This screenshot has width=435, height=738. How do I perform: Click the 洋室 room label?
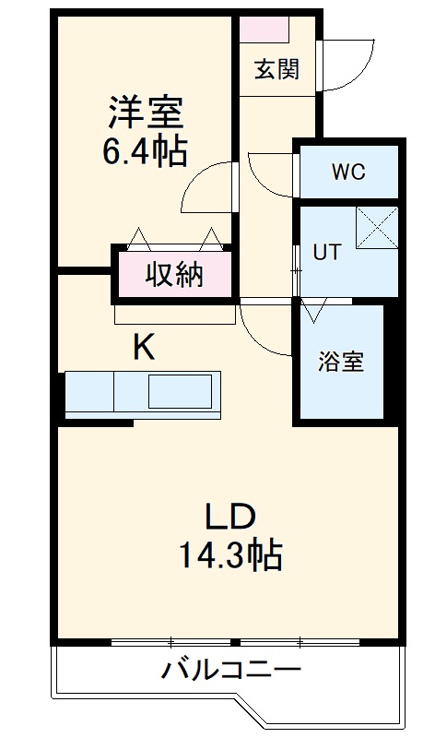pos(146,113)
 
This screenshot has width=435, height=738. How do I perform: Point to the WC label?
pos(348,172)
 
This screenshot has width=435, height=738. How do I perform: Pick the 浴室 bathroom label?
pos(341,363)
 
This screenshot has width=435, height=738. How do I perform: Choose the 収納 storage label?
pos(174,274)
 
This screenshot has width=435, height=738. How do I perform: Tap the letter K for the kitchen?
pos(144,348)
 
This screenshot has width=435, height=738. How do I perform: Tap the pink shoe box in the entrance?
pos(265,29)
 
